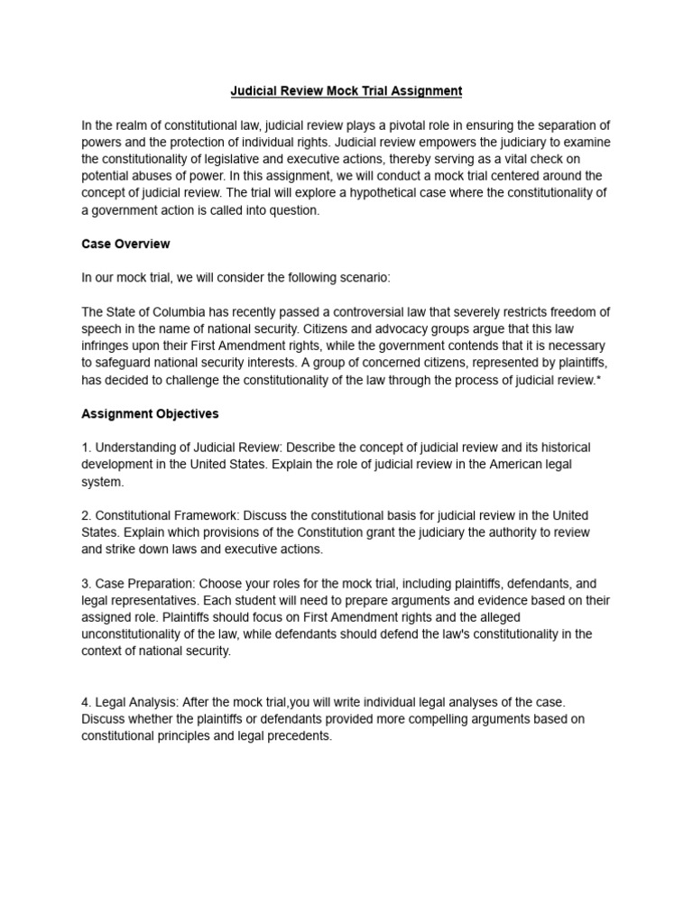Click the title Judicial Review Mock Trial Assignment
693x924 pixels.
(x=346, y=91)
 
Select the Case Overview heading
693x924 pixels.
(x=125, y=244)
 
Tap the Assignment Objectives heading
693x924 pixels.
(x=150, y=413)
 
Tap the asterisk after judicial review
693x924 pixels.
(x=599, y=380)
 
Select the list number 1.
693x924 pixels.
(x=86, y=448)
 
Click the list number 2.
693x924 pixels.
(x=86, y=515)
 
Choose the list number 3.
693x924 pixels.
(x=86, y=584)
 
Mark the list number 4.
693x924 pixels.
(x=86, y=702)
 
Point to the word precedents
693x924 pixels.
(x=301, y=735)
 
